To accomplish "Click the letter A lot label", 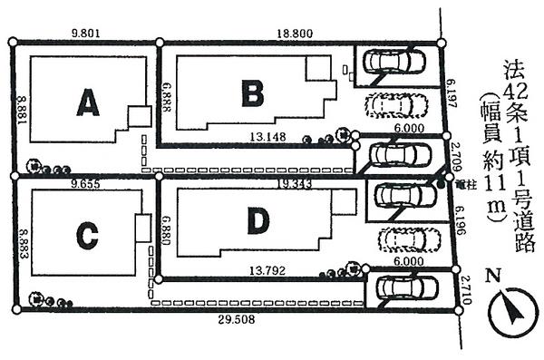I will pyautogui.click(x=87, y=106).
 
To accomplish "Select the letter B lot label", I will pyautogui.click(x=252, y=92).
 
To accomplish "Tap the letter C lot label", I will pyautogui.click(x=86, y=236).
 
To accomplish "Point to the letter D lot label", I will pyautogui.click(x=257, y=219).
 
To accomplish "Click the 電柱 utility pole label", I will pyautogui.click(x=465, y=183).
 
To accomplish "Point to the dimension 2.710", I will pyautogui.click(x=463, y=288).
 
